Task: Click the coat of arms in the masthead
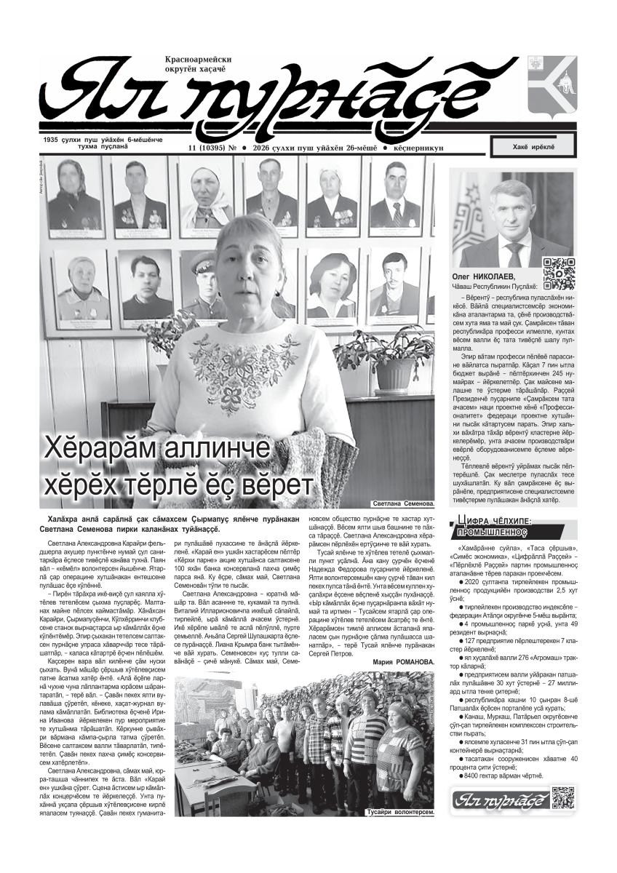pos(552,86)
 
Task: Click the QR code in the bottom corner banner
pos(563,798)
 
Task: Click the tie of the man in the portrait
pos(514,252)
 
